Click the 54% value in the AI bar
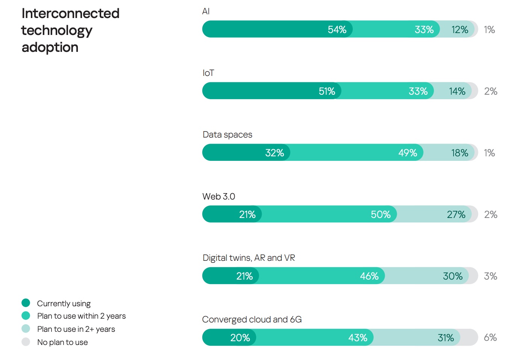point(337,30)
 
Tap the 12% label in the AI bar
point(460,30)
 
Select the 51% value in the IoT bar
point(326,91)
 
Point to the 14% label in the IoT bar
point(457,91)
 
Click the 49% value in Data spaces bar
point(407,153)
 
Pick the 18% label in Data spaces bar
point(460,153)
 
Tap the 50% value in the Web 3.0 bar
point(380,215)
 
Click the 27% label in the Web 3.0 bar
point(456,215)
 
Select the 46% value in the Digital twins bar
point(369,276)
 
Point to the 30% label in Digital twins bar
point(452,276)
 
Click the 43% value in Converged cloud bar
point(357,338)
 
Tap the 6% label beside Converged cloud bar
point(490,337)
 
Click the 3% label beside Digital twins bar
point(490,276)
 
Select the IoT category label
point(208,73)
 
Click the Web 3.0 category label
point(219,197)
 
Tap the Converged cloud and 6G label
point(252,319)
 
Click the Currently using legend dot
point(26,303)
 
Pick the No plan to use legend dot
point(26,342)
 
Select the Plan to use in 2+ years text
point(76,329)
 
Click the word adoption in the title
point(50,47)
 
